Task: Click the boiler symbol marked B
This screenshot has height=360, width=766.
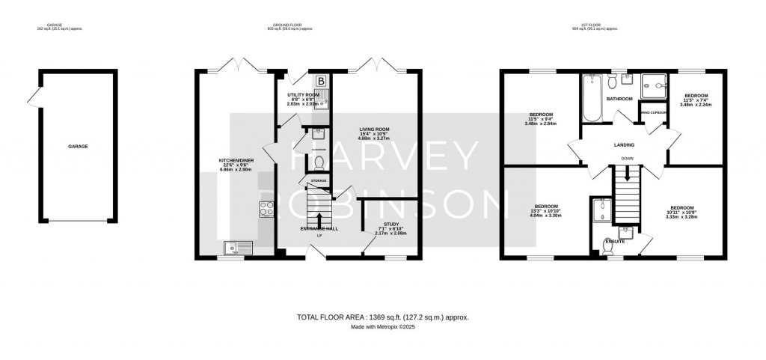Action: pyautogui.click(x=322, y=81)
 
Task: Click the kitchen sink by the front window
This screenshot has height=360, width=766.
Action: pyautogui.click(x=239, y=246)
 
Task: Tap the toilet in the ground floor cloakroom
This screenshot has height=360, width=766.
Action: pyautogui.click(x=318, y=161)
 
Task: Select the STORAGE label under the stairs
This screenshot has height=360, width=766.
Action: pyautogui.click(x=314, y=180)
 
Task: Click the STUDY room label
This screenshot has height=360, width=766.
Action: pyautogui.click(x=391, y=224)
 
